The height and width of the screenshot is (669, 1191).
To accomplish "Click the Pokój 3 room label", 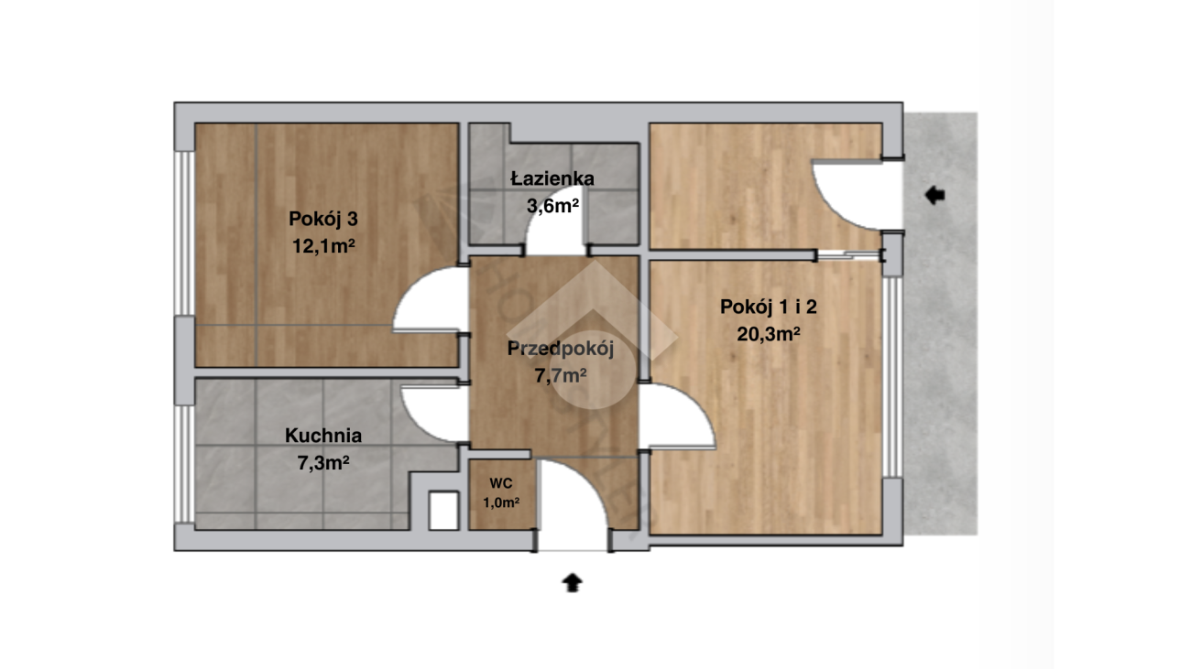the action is pos(323,220).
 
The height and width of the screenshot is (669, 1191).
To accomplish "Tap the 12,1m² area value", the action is pos(323,246).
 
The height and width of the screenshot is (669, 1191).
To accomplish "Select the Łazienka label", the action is pos(552,178).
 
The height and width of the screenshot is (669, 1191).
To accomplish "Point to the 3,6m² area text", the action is pos(552,206).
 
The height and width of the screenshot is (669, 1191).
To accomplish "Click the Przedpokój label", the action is pos(561,349).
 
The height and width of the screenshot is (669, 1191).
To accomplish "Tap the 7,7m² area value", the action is pos(561,376).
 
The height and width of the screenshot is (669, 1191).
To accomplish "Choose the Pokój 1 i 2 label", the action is pos(769,307).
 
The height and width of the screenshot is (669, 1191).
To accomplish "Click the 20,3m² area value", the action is pos(769,334).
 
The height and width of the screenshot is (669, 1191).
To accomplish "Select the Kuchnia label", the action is pos(323,436).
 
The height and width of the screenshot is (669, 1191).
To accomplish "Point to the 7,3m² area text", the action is pos(323,463).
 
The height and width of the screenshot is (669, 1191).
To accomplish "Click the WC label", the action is pos(501,483).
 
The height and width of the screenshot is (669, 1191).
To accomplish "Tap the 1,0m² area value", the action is pos(501,502).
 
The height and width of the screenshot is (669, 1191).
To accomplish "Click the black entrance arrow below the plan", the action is pos(572,582).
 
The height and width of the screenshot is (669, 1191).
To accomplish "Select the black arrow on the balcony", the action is pos(934,195).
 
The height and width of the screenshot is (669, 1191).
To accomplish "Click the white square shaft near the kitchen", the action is pos(444,511).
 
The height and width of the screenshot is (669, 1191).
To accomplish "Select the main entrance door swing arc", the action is pos(590,480).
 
